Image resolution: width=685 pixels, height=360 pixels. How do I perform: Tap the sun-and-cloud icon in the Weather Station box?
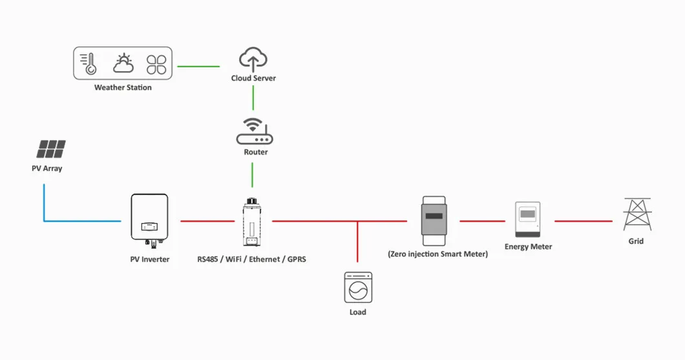pos(123,63)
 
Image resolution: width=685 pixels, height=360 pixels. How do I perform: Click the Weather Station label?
pos(123,87)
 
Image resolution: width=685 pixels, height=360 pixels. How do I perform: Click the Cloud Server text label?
pos(253,78)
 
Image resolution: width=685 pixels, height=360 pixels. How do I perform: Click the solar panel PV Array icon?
pos(51,149)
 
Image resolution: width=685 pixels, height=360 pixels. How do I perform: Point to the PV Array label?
pos(47,169)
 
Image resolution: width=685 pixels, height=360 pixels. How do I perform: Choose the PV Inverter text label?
pos(150,259)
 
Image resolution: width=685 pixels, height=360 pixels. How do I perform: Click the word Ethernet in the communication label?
pos(265,259)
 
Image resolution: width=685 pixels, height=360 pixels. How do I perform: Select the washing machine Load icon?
pos(357,287)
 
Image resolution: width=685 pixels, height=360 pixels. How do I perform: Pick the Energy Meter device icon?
pos(528,220)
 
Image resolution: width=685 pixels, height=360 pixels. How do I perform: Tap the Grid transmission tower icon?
pos(637,214)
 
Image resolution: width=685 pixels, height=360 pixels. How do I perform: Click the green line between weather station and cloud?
pos(198,66)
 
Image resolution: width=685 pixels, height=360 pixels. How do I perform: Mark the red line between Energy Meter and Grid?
pos(583,221)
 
